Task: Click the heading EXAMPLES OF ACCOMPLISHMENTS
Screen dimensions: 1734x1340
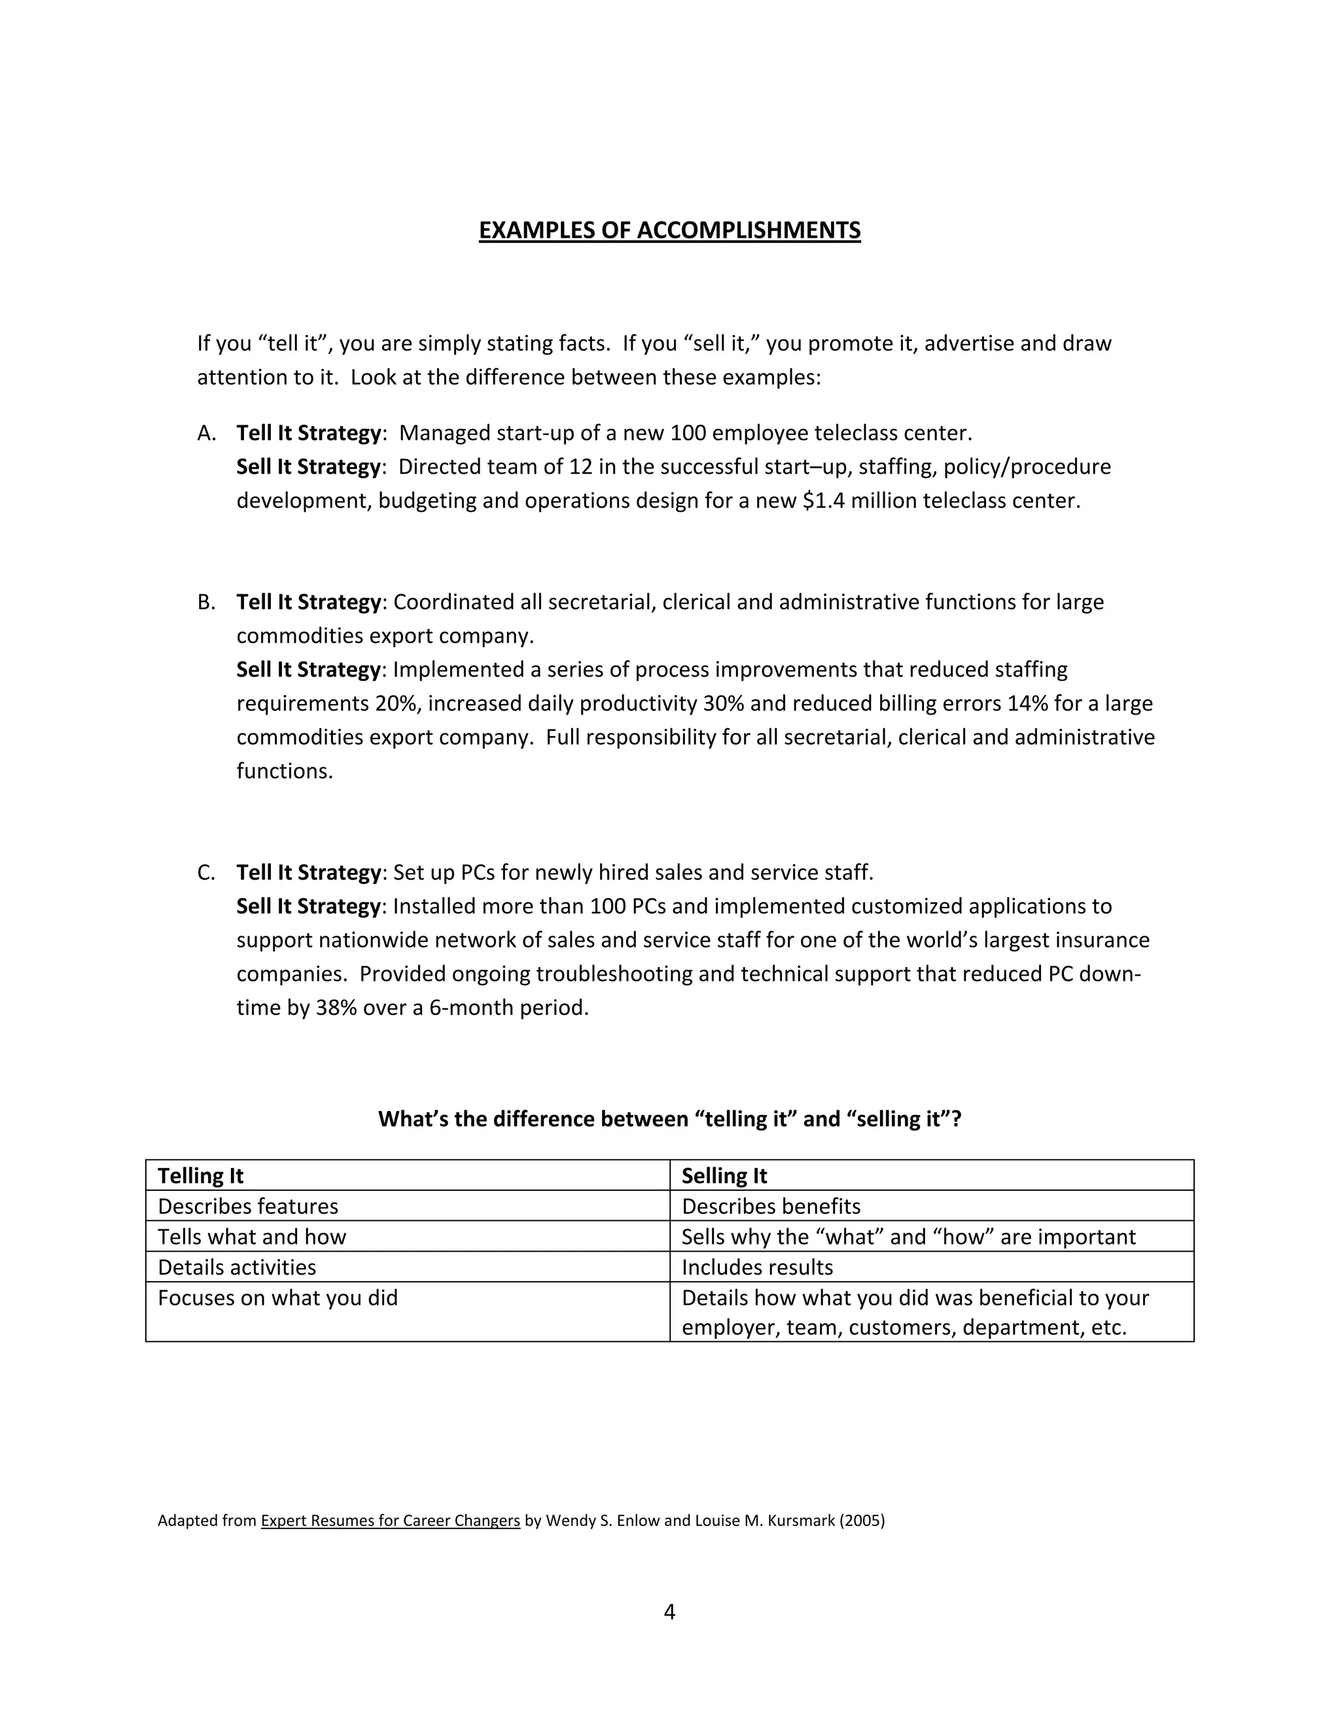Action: [x=669, y=230]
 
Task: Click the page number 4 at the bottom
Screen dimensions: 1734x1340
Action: [x=669, y=1611]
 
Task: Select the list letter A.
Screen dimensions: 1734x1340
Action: [x=206, y=433]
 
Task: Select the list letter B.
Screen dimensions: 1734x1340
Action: [x=206, y=603]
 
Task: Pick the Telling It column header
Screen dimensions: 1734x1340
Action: [x=200, y=1176]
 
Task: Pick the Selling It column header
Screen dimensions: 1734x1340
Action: [x=724, y=1176]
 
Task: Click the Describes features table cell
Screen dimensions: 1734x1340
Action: [x=248, y=1206]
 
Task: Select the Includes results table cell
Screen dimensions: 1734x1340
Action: [x=757, y=1267]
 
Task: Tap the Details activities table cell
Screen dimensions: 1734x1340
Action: [x=237, y=1267]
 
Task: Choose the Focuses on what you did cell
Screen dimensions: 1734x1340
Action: [x=278, y=1298]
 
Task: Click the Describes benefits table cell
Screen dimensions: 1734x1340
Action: [x=771, y=1206]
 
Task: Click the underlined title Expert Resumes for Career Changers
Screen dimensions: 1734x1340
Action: [x=390, y=1521]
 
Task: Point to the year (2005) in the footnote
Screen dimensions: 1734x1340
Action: [x=861, y=1521]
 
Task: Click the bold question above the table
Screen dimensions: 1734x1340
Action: [x=669, y=1119]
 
